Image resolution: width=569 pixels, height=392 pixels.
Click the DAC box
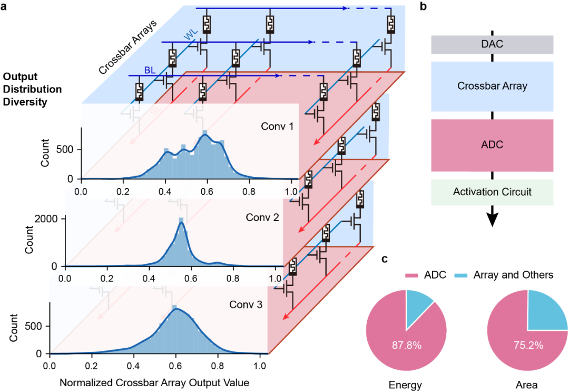pos(492,44)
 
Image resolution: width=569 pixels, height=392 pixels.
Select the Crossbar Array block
pos(492,86)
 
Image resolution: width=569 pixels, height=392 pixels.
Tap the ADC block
pos(492,145)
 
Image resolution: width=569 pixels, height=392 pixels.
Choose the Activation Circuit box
pos(492,192)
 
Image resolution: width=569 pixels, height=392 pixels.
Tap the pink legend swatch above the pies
pos(411,275)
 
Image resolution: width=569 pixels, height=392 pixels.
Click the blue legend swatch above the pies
pos(460,275)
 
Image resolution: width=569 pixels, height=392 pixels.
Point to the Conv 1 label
pos(277,127)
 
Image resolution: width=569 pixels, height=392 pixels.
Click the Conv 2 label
pos(262,217)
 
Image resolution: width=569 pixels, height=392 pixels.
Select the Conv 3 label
pos(246,304)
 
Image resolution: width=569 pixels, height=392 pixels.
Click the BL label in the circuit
pos(151,70)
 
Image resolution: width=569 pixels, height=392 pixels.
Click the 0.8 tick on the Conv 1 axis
pos(249,192)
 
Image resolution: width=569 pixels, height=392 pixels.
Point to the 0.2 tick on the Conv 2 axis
pos(107,279)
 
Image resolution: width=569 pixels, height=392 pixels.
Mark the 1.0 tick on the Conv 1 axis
pos(290,192)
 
